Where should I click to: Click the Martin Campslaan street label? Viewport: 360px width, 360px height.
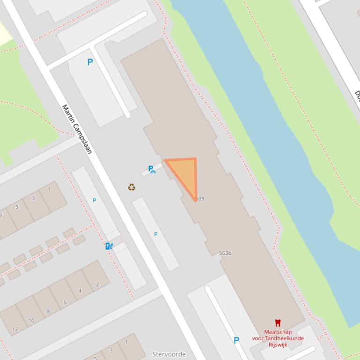pyautogui.click(x=77, y=129)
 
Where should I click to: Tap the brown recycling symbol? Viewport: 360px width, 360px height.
pyautogui.click(x=132, y=187)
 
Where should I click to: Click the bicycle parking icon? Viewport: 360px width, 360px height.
pyautogui.click(x=152, y=169)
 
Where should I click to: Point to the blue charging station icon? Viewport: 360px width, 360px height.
pyautogui.click(x=109, y=246)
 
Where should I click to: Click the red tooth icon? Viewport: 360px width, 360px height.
pyautogui.click(x=278, y=323)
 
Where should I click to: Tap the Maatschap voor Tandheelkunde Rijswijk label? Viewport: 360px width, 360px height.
pyautogui.click(x=278, y=338)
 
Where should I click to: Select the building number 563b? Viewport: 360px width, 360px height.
pyautogui.click(x=225, y=253)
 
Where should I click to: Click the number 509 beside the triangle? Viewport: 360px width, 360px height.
pyautogui.click(x=200, y=199)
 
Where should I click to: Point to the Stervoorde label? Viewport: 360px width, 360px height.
pyautogui.click(x=169, y=354)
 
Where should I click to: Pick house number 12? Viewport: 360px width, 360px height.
pyautogui.click(x=15, y=329)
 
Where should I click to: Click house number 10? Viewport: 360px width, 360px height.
pyautogui.click(x=31, y=320)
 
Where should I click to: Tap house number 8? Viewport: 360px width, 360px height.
pyautogui.click(x=48, y=311)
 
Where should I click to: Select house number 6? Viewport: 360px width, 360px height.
pyautogui.click(x=65, y=302)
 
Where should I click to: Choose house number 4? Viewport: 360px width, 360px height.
pyautogui.click(x=80, y=290)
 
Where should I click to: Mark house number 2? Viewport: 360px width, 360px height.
pyautogui.click(x=97, y=284)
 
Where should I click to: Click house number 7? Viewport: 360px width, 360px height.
pyautogui.click(x=1, y=216)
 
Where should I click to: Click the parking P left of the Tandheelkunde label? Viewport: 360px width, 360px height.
pyautogui.click(x=236, y=340)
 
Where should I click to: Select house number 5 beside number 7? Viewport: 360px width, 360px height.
pyautogui.click(x=17, y=207)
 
